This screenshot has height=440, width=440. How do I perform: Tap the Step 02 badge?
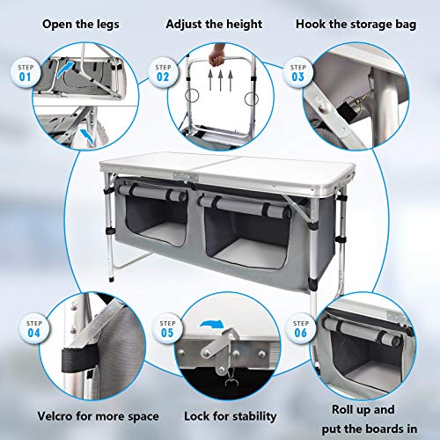click(x=163, y=71)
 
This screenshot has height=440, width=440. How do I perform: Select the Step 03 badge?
click(x=294, y=71)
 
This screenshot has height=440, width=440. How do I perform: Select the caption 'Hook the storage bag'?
click(x=360, y=20)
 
